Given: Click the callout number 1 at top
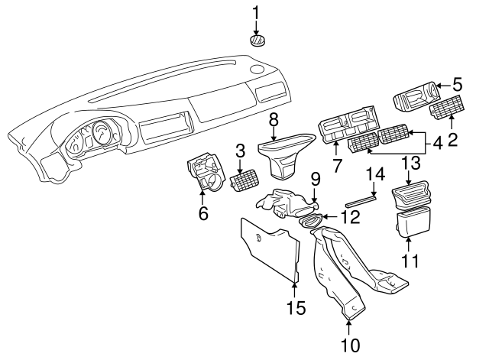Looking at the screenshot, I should (x=256, y=12).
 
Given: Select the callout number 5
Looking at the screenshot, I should (x=457, y=84).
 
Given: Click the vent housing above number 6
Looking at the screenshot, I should (x=204, y=174).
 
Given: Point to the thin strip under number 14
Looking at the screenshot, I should (x=361, y=201).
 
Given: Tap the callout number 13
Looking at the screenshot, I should (x=411, y=163).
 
